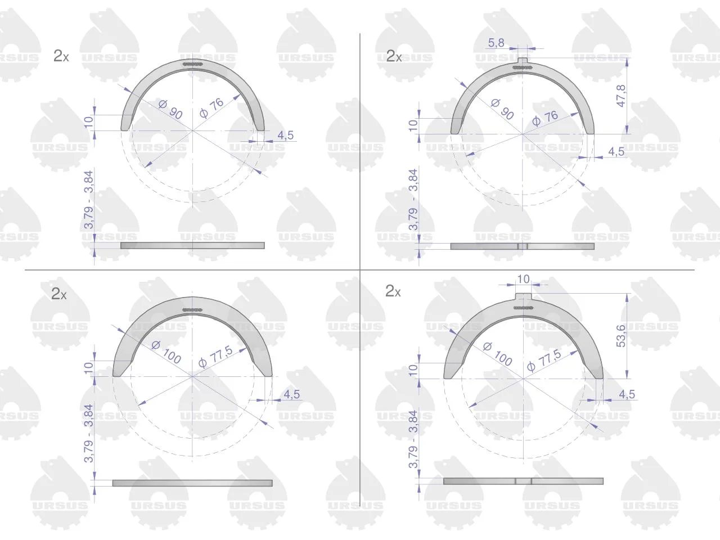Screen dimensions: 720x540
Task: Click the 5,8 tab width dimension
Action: (496, 43)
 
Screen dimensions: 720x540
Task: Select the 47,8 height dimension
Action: (621, 96)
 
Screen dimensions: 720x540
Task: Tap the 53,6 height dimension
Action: (621, 336)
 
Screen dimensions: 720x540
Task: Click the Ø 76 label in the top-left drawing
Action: (211, 108)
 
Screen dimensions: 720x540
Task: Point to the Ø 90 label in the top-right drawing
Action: (502, 110)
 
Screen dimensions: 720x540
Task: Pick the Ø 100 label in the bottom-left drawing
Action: (166, 352)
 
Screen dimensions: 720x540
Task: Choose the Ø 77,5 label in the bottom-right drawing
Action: (544, 360)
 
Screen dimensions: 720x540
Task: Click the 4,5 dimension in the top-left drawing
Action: (285, 135)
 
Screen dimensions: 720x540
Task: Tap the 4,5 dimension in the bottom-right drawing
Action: (627, 394)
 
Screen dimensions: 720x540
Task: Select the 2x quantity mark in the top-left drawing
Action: (61, 56)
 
